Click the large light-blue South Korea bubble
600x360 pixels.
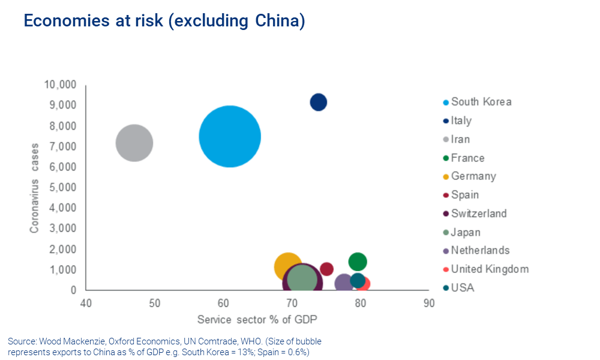(230, 136)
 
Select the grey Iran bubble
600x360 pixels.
(134, 143)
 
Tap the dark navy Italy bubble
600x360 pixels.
(319, 102)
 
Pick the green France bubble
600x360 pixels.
(358, 261)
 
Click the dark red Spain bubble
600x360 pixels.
(327, 268)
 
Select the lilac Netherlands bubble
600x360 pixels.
(343, 283)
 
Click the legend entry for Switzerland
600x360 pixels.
(478, 214)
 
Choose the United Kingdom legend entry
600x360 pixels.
(489, 269)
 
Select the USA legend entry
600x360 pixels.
(462, 287)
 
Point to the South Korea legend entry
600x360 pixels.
(481, 101)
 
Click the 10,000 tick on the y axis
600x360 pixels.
(60, 85)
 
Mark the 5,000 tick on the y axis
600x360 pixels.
(62, 187)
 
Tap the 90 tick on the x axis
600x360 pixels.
(428, 303)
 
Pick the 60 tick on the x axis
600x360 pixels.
(223, 303)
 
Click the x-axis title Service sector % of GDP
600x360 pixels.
(257, 318)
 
